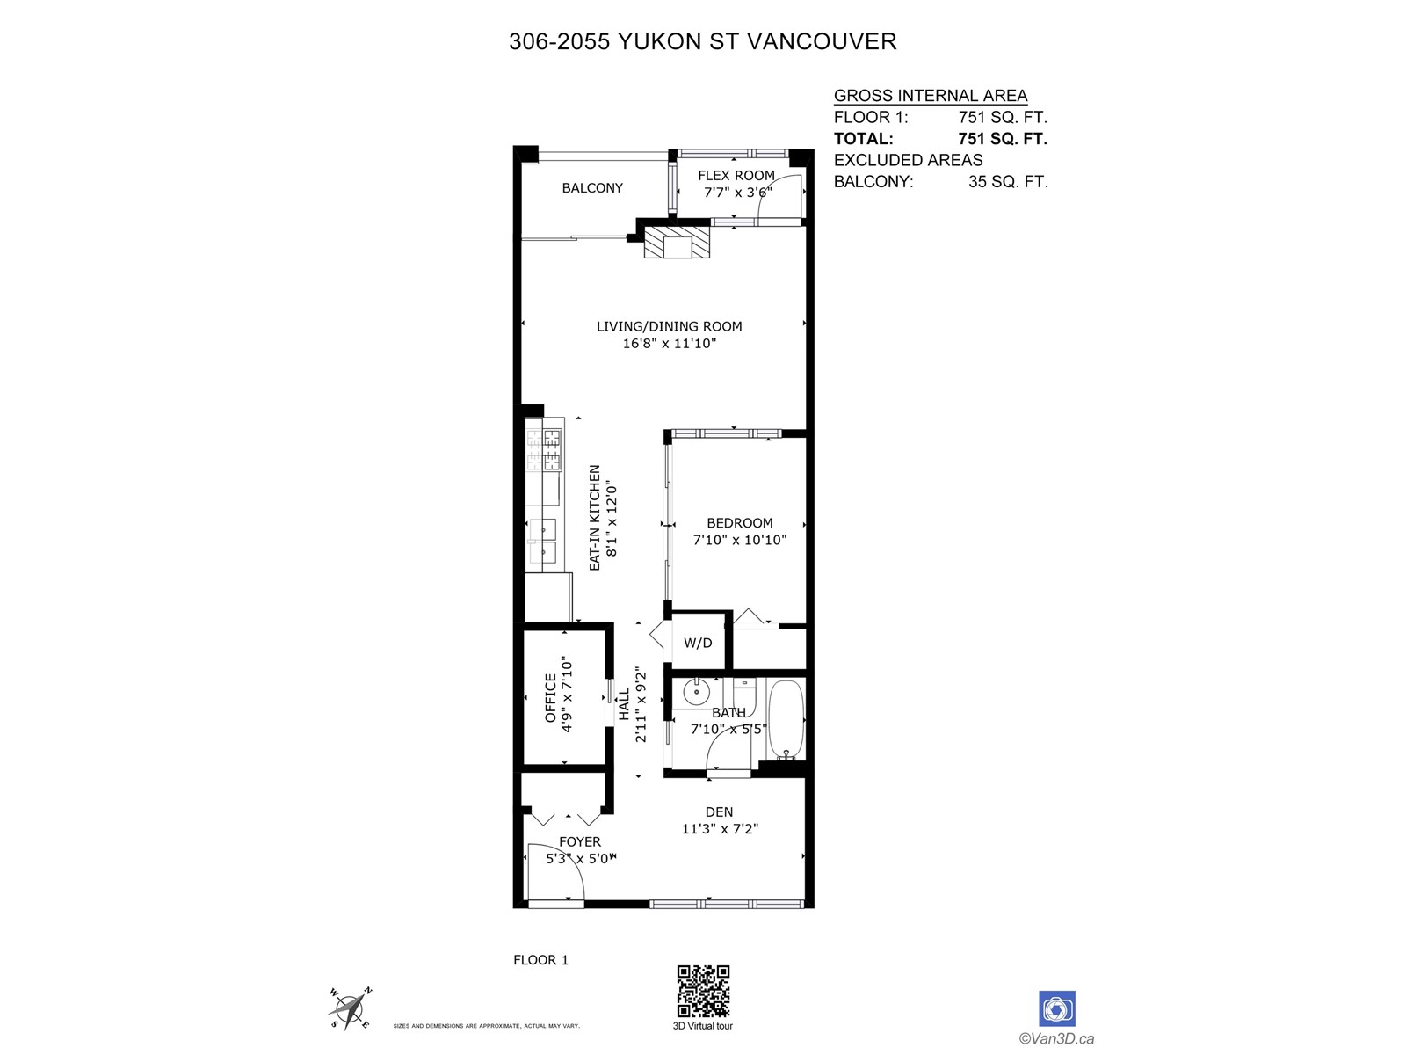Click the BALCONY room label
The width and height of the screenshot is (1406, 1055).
592,188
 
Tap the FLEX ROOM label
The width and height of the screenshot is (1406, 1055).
736,176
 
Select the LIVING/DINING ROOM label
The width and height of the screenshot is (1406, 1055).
670,326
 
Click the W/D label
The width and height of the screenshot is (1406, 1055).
698,643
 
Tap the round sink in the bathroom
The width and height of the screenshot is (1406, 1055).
696,692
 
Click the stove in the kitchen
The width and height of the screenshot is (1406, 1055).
545,449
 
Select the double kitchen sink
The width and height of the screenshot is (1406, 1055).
543,540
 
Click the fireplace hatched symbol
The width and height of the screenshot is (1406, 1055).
676,243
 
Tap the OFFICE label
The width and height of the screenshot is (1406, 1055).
551,698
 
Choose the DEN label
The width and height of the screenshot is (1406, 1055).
719,812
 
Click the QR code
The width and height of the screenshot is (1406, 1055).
703,991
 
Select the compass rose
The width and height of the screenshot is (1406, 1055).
350,1008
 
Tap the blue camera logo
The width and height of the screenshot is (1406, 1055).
1057,1008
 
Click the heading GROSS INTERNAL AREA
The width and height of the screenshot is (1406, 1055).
931,96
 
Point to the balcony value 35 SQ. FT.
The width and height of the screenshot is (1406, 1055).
1008,182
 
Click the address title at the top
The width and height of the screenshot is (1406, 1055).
703,41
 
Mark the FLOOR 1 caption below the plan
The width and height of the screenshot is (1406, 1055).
540,960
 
